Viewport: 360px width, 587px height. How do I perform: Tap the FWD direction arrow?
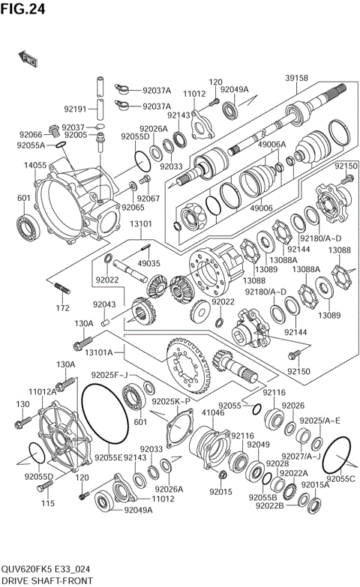(28, 59)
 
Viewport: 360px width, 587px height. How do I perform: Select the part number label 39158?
(296, 78)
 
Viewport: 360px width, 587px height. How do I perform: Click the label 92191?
(76, 108)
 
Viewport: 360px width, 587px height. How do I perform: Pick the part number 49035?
(148, 263)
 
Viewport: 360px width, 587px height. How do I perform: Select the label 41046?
(214, 412)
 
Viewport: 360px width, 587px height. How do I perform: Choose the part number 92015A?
(315, 485)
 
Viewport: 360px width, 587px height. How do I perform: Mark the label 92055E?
(108, 457)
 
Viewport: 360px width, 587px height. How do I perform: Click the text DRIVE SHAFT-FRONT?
(46, 580)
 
